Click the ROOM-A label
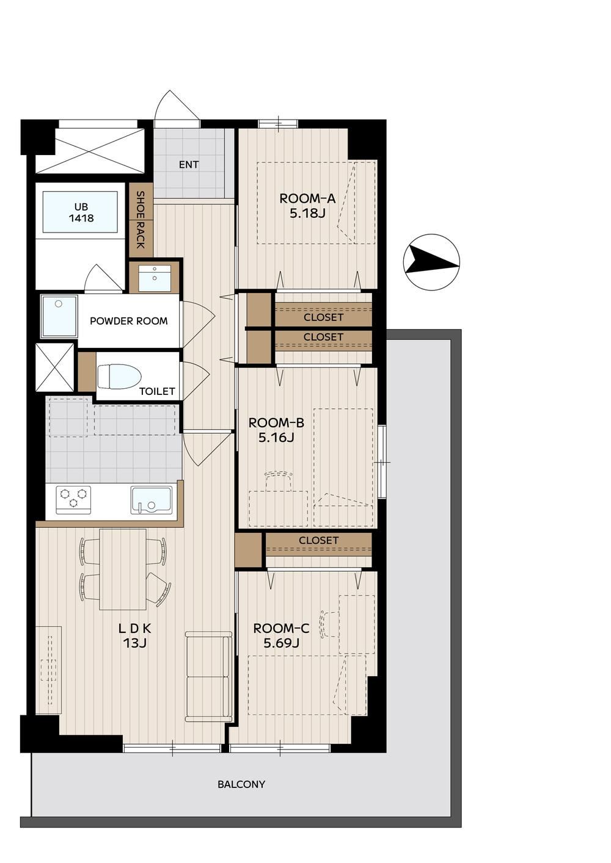(307, 199)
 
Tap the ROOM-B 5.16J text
(276, 430)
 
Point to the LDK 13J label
(134, 636)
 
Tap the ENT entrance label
(189, 165)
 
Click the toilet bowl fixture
(119, 377)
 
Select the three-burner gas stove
(74, 500)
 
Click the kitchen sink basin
(152, 500)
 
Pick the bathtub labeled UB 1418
(80, 212)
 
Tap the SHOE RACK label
(141, 220)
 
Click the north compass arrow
(431, 262)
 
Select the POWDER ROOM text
(129, 321)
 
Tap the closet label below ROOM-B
(318, 540)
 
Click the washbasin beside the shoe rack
(155, 278)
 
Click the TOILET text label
(157, 391)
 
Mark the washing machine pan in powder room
(59, 316)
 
